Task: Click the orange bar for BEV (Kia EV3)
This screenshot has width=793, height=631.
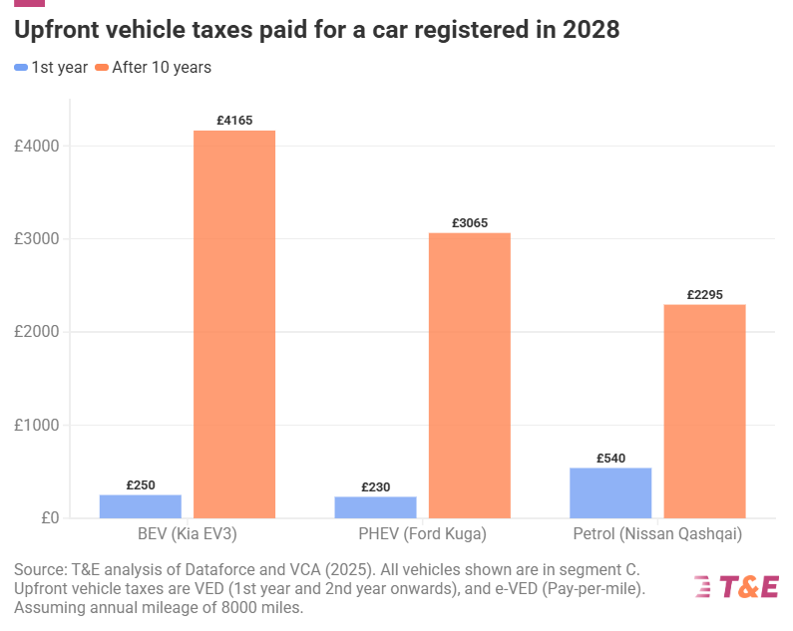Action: click(234, 324)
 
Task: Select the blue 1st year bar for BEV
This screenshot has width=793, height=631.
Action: click(141, 506)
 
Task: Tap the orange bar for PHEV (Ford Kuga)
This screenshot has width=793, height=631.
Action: click(469, 375)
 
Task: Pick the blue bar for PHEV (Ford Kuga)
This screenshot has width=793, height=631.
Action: click(375, 507)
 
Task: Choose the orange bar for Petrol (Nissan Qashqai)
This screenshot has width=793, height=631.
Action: click(704, 411)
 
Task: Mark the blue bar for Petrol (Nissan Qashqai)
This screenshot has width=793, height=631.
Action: click(610, 492)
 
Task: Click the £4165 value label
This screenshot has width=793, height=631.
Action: click(234, 121)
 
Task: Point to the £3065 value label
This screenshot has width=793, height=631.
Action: click(469, 223)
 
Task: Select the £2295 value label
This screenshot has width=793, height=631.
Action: click(704, 295)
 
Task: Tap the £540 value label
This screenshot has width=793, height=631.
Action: click(610, 459)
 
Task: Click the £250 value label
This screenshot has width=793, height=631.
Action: click(141, 485)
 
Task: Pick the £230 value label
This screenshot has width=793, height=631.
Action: click(375, 487)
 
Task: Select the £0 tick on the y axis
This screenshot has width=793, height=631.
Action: click(47, 518)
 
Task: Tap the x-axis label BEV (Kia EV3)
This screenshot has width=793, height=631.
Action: click(188, 534)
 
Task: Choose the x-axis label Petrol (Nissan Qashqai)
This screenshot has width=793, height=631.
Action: click(657, 534)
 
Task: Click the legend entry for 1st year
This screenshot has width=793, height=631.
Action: click(52, 67)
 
